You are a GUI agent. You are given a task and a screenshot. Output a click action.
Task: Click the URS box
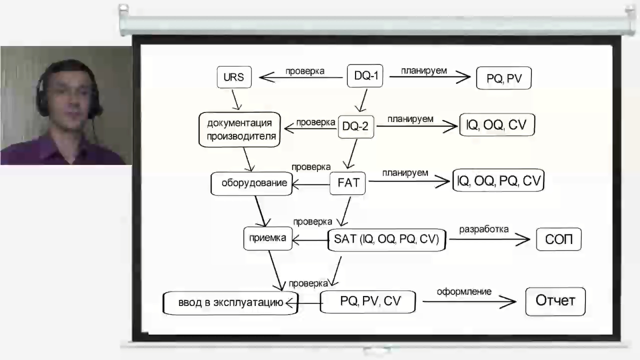tap(234, 77)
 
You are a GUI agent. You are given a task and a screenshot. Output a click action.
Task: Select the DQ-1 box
tap(365, 76)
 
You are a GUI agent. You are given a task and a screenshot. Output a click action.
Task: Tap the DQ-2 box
tap(355, 126)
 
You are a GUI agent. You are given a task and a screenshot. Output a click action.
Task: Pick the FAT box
tap(348, 183)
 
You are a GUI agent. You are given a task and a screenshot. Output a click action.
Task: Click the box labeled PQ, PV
tap(503, 78)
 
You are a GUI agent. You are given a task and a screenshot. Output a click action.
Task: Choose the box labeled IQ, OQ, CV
tap(496, 125)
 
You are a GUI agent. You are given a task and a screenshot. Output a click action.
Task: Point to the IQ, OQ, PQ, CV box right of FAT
tap(498, 180)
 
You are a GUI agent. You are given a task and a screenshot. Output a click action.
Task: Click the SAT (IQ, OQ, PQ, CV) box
tap(386, 239)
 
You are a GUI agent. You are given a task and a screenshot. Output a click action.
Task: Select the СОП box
tap(558, 239)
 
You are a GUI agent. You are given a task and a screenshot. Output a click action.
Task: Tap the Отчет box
tap(555, 301)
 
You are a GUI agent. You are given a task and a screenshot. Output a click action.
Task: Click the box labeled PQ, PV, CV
tap(368, 301)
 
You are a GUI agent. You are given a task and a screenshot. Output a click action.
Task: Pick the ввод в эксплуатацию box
tap(230, 302)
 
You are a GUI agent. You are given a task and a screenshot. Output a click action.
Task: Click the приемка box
tap(267, 238)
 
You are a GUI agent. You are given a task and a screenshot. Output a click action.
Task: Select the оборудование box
tap(251, 183)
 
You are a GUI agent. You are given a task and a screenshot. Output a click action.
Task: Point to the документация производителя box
tap(239, 130)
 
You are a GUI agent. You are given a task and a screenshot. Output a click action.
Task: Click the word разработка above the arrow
tap(483, 229)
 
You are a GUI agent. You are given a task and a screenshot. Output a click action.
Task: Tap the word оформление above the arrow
tap(464, 291)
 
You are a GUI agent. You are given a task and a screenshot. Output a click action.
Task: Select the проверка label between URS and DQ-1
tap(304, 71)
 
